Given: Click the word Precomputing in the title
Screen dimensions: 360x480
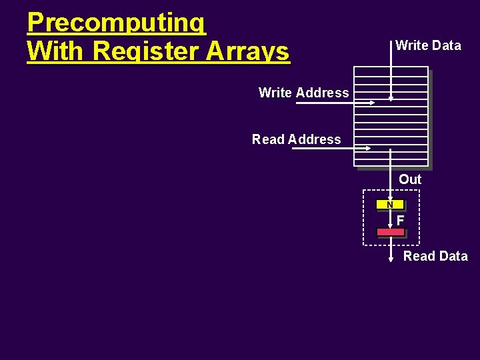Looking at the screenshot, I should pyautogui.click(x=117, y=23).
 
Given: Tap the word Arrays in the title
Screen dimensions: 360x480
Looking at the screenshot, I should pyautogui.click(x=250, y=51).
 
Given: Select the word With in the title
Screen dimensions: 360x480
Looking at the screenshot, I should pyautogui.click(x=57, y=51).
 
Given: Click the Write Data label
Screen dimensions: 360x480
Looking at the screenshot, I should pyautogui.click(x=428, y=45).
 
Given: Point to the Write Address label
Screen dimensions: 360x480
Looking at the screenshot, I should pyautogui.click(x=303, y=93).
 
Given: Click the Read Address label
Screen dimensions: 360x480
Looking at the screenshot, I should pyautogui.click(x=296, y=139).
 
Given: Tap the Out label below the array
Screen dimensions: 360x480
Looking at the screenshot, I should pyautogui.click(x=410, y=179).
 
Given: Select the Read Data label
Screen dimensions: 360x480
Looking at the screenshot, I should pyautogui.click(x=435, y=256).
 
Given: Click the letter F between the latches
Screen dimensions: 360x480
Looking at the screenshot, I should pyautogui.click(x=400, y=219).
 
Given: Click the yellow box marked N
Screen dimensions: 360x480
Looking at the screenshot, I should pyautogui.click(x=390, y=205).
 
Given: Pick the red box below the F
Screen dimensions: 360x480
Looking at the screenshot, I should pyautogui.click(x=391, y=232).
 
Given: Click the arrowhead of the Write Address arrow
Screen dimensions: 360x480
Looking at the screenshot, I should pyautogui.click(x=373, y=102).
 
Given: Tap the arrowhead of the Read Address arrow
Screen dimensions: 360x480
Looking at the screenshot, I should pyautogui.click(x=369, y=149).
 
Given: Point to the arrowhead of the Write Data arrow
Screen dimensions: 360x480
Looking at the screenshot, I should pyautogui.click(x=391, y=97).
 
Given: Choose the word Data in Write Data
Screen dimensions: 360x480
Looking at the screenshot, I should pyautogui.click(x=447, y=45).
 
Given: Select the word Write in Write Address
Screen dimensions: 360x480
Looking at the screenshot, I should pyautogui.click(x=275, y=93).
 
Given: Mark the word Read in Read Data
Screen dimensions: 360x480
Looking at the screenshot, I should pyautogui.click(x=419, y=256).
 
